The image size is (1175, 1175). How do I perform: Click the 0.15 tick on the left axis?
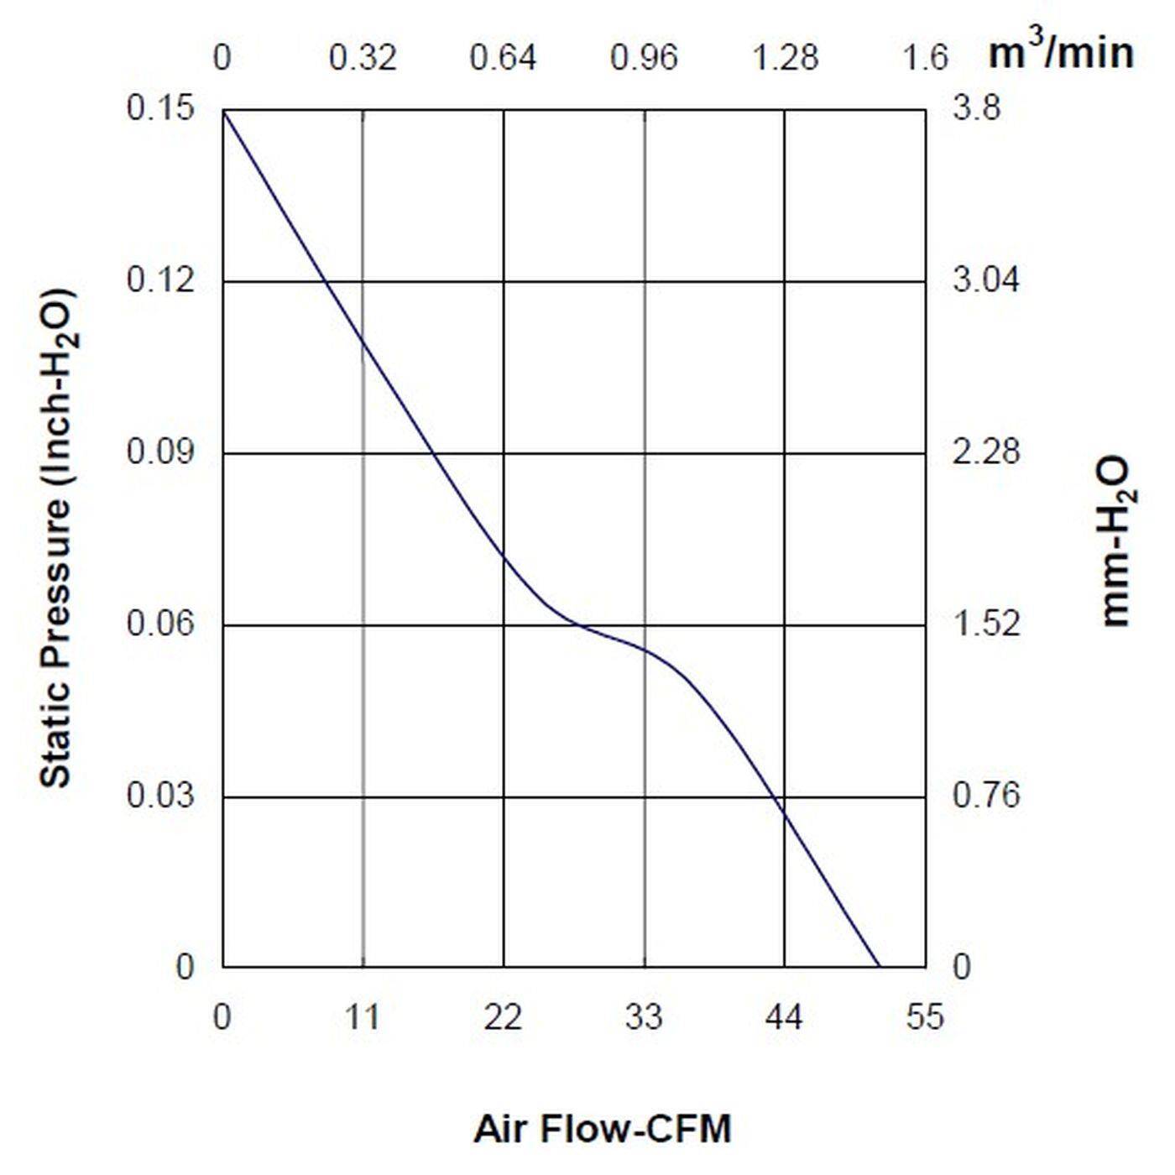coord(159,108)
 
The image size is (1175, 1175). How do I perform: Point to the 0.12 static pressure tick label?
coord(159,279)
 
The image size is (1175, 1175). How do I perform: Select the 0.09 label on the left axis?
coord(159,452)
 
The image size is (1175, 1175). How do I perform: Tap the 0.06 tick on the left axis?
coord(159,624)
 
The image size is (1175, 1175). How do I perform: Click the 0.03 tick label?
coord(159,795)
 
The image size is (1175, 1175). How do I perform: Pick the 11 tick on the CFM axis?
coord(363,1018)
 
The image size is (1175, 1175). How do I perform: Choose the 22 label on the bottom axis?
coord(503,1018)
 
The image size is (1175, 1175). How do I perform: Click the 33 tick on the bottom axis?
coord(644,1018)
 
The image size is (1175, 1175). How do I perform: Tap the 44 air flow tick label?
coord(784,1018)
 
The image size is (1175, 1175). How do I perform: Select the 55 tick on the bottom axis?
coord(925,1018)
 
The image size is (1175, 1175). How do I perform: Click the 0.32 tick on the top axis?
coord(363,58)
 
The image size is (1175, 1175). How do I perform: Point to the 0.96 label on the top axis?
coord(644,58)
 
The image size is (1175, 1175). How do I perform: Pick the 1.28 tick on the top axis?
coord(785,58)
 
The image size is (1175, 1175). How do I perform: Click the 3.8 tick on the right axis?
coord(977,108)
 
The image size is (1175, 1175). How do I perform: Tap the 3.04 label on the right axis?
coord(986,279)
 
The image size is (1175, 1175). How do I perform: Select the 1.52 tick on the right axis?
coord(986,624)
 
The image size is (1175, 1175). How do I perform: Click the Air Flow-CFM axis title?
coord(603,1129)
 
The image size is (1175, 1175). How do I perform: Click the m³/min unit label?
coord(1061,52)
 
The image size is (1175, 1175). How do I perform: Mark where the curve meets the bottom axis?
coord(880,967)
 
